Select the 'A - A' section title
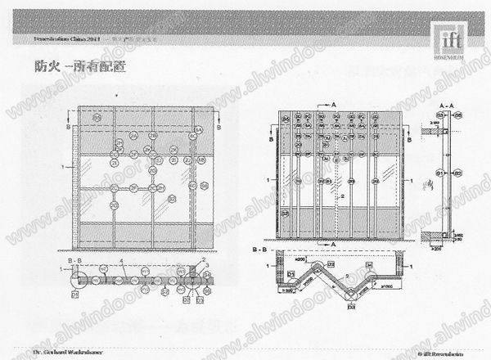442,107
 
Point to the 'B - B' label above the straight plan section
72,261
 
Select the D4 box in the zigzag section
370,263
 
